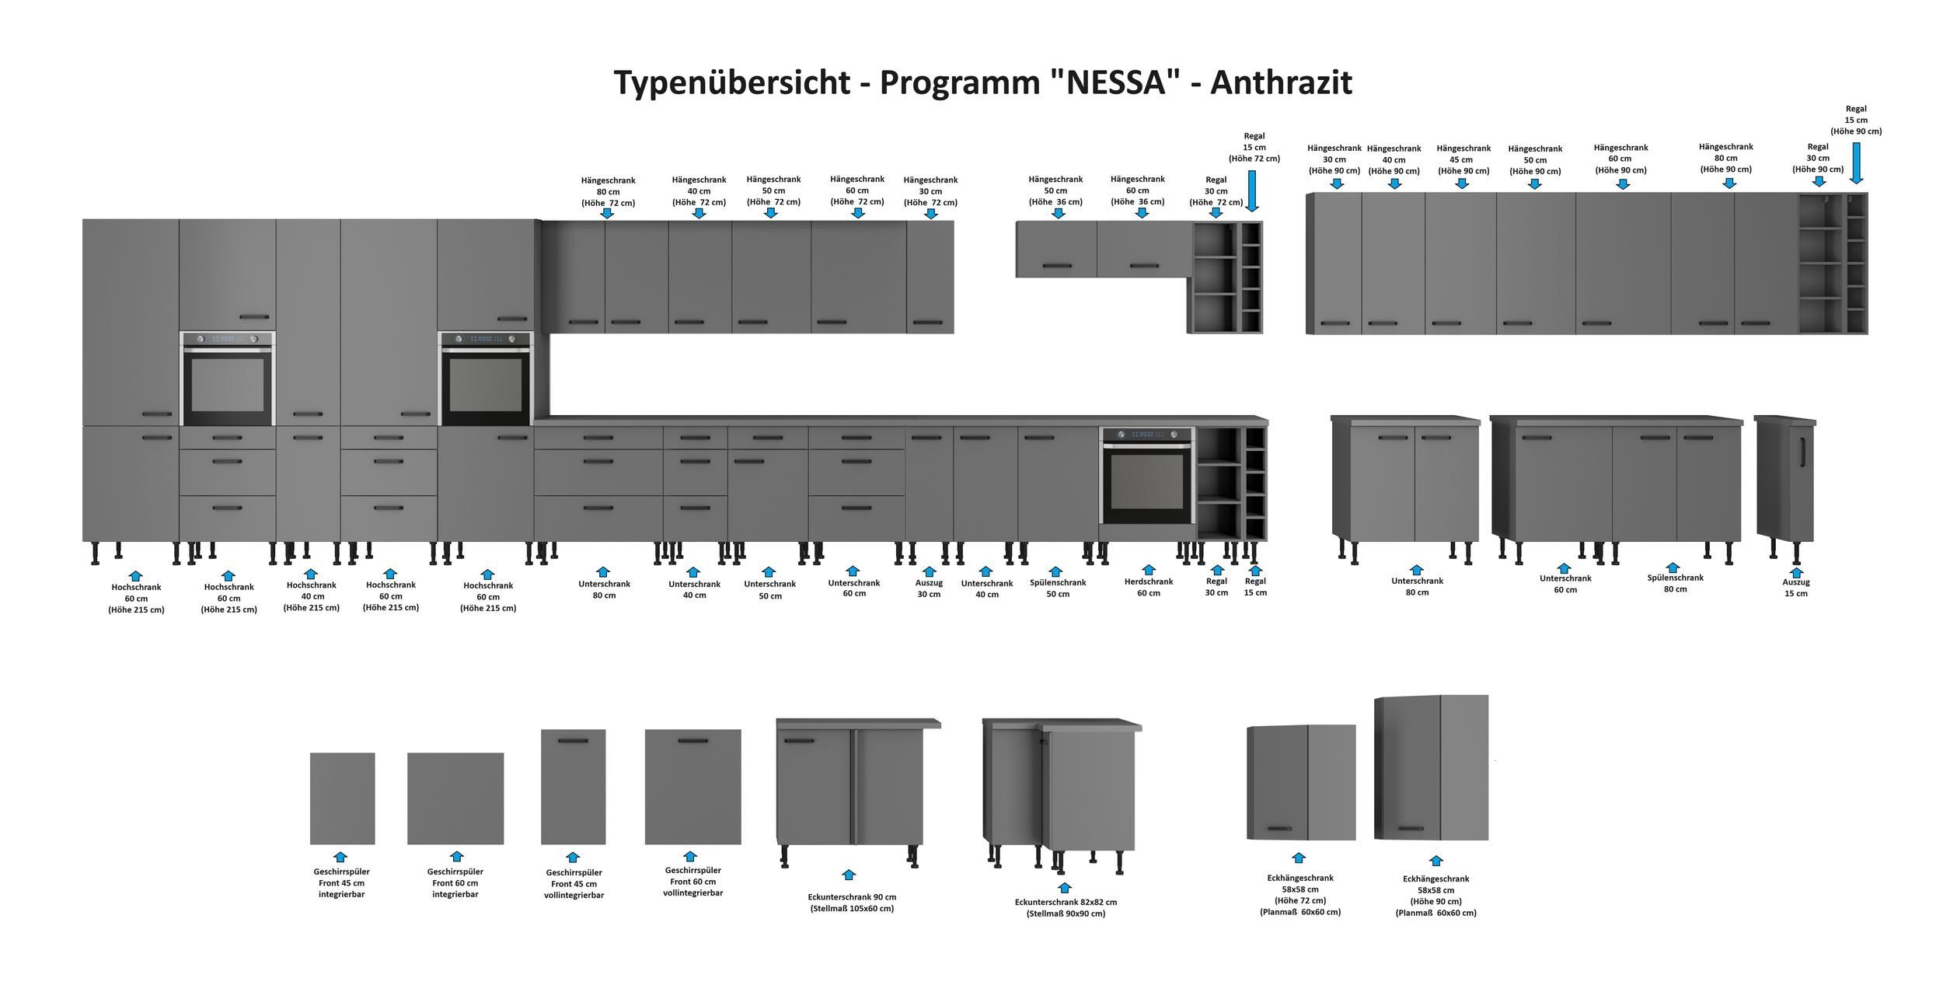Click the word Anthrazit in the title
1281,82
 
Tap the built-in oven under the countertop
1147,477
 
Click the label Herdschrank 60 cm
1148,587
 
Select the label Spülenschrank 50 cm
1057,588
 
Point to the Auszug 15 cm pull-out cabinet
1785,478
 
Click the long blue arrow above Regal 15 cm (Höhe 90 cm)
1856,163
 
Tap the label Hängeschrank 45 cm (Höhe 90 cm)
1463,159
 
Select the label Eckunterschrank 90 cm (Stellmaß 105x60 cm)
851,903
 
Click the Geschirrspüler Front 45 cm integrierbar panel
342,798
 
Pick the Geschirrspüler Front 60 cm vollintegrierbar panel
692,786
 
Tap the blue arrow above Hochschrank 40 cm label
310,574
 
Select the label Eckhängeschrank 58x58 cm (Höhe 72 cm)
1299,895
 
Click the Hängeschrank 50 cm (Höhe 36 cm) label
1055,190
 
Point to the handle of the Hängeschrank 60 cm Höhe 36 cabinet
1143,266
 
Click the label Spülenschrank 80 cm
1675,583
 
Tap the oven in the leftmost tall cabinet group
228,379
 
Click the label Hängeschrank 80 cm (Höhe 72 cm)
608,191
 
